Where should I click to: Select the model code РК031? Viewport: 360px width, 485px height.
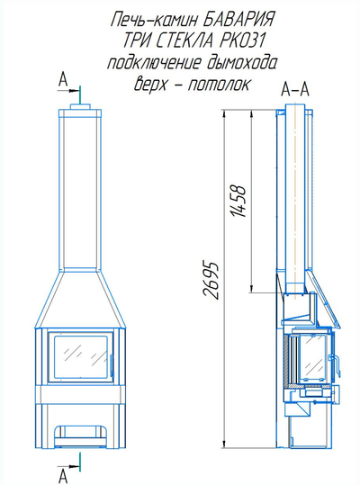[242, 40]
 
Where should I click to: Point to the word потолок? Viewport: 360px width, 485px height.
[219, 85]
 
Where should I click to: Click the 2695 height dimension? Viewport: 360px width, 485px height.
[211, 281]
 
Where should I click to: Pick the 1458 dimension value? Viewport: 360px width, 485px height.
[238, 201]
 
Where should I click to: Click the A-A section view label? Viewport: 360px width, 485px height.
[295, 90]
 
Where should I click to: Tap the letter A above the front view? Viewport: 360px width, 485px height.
[63, 80]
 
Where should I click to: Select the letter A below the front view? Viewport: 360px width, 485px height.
[63, 476]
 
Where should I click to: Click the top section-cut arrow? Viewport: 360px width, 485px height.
[69, 91]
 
